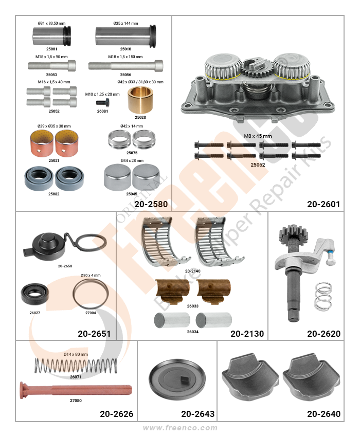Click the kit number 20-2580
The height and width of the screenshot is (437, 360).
(151, 204)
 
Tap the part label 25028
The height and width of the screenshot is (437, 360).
(140, 117)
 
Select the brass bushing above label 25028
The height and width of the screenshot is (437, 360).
(140, 100)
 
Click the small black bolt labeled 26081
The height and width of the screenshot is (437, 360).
(103, 102)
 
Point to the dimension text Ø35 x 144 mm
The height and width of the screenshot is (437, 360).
(125, 24)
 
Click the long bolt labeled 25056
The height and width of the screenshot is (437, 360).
(126, 66)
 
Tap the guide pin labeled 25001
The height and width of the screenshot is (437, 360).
(52, 35)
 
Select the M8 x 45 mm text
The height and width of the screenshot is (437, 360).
(258, 136)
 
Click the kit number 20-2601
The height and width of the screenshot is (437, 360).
(323, 204)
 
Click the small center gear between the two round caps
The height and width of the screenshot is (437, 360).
(254, 67)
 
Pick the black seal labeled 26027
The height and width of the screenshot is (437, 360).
(35, 294)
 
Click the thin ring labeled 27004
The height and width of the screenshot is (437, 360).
(91, 294)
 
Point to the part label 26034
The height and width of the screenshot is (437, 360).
(193, 332)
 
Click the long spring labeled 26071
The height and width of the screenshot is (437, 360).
(76, 366)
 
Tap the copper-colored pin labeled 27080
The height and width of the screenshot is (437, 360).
(76, 390)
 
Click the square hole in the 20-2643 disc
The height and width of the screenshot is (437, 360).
(185, 378)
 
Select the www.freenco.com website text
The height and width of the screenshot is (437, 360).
(180, 428)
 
